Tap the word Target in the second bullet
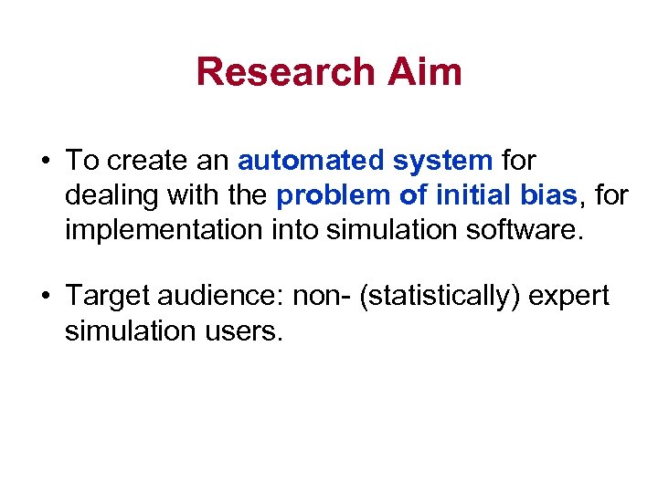(103, 298)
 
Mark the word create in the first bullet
(150, 162)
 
